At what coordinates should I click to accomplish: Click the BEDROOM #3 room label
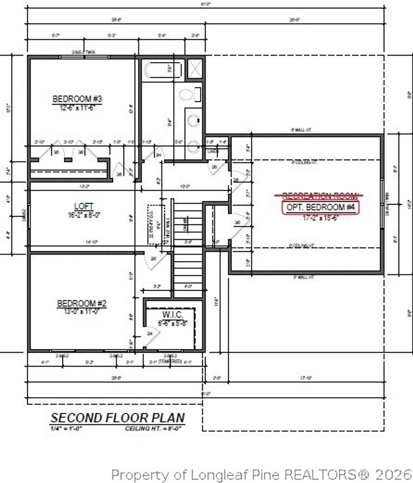click(x=77, y=99)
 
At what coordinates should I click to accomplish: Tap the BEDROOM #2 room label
click(x=81, y=303)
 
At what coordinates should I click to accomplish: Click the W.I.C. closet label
click(x=173, y=314)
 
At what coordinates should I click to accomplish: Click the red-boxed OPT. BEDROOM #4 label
click(x=320, y=207)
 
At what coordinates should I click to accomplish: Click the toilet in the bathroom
click(x=186, y=95)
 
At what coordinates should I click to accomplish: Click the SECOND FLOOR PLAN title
click(x=117, y=418)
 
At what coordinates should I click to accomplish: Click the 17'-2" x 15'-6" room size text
click(x=320, y=218)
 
